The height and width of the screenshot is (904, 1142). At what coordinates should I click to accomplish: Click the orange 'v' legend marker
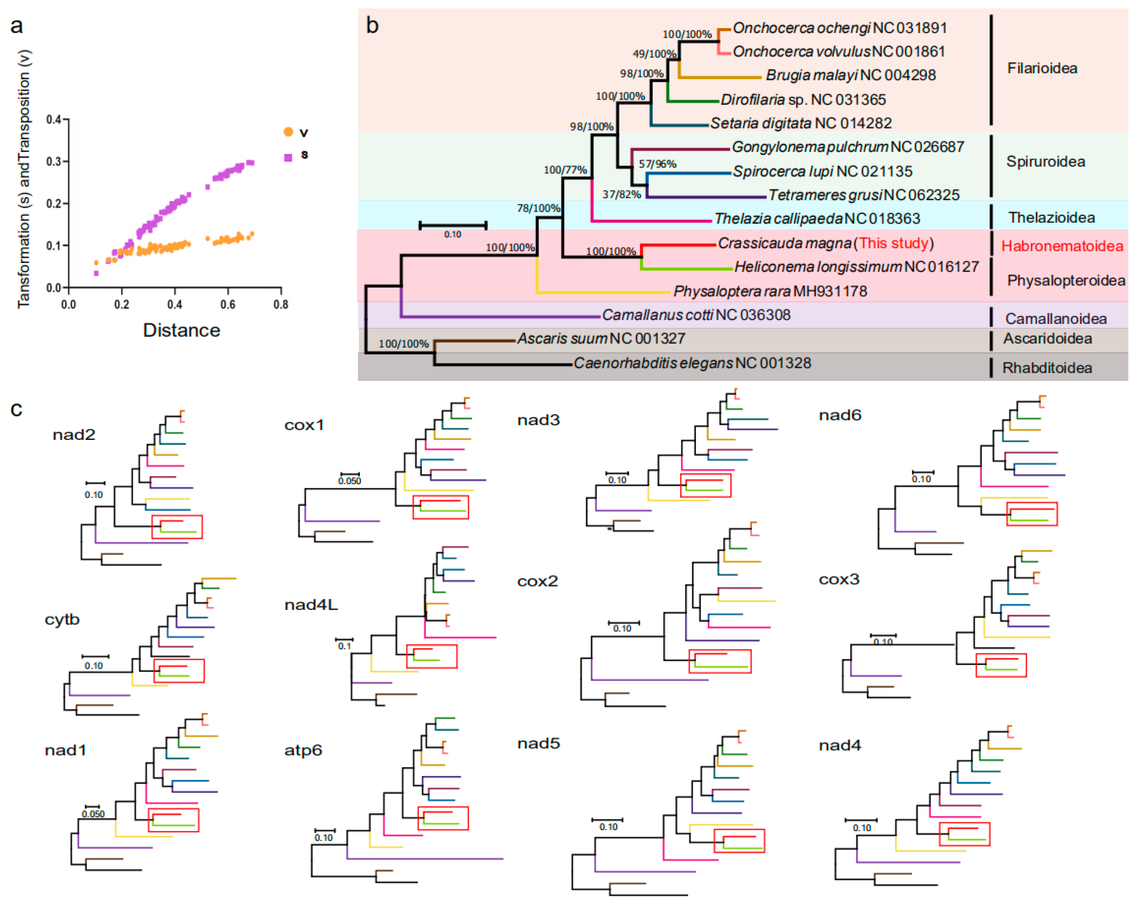coord(288,132)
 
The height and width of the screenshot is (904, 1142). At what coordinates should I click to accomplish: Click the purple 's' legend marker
coord(288,157)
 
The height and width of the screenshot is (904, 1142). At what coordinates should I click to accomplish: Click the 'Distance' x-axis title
coord(182,330)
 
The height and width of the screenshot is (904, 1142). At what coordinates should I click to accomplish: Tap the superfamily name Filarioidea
coord(1041,68)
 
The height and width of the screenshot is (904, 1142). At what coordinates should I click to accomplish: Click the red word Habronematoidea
coord(1061,246)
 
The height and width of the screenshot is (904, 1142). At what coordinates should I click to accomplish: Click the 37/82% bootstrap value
coord(621,194)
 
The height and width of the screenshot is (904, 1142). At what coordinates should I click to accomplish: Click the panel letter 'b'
coord(372,25)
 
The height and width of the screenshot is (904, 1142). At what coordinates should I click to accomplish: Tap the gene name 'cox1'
coord(304,425)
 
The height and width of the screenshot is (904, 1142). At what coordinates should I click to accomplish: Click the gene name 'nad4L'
coord(310,604)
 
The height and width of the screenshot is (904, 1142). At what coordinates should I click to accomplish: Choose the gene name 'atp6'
coord(303,750)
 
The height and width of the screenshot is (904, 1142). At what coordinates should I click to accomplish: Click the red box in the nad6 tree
coord(1031,514)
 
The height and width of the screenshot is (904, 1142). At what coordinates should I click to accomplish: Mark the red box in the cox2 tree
coord(719,661)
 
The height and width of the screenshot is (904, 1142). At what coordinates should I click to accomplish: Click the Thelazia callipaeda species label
coord(816,219)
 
